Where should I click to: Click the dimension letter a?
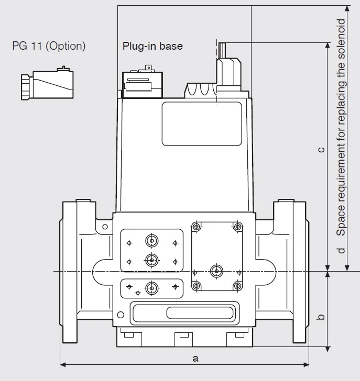coord(195,358)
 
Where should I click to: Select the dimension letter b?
coord(321,317)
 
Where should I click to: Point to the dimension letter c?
coord(321,150)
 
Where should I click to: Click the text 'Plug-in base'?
coord(152,46)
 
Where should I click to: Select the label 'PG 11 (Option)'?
coord(49,46)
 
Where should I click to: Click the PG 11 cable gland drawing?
coord(47,83)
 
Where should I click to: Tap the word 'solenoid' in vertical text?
coord(341,39)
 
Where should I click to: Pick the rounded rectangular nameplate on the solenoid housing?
coord(202,124)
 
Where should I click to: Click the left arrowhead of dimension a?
coord(63,364)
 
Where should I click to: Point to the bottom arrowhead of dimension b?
coord(328,349)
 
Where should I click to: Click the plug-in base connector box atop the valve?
coord(143,85)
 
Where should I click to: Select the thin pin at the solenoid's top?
coord(222,50)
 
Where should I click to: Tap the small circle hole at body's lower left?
coord(121,315)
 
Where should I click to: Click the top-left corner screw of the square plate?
coord(197,227)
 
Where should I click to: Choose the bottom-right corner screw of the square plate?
coord(238,286)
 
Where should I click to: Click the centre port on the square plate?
coord(216,271)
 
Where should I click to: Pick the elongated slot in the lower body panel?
coord(200,313)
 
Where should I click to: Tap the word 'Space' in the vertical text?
coord(341,220)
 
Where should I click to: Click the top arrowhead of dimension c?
coord(328,46)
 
